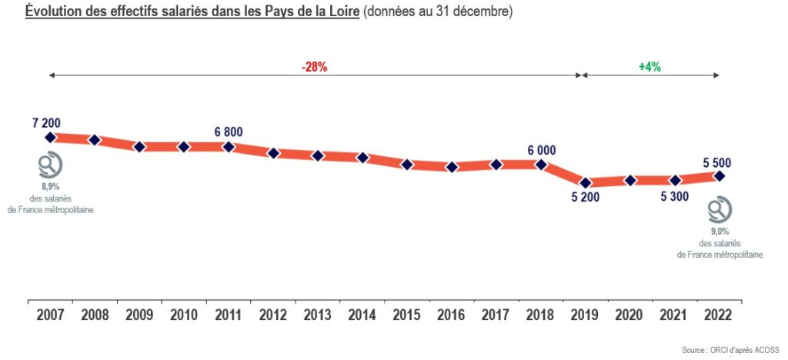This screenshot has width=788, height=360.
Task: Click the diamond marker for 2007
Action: point(50,137)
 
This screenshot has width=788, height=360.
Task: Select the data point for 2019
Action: point(586,182)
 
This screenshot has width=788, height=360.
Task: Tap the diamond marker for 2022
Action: point(720,176)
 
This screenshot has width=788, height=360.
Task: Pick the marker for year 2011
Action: point(229,146)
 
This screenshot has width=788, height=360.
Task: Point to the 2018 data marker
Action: point(541,164)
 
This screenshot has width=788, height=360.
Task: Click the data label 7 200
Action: point(46,122)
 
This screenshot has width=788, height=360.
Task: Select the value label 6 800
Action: point(229,132)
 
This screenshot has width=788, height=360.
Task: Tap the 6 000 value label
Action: point(541,150)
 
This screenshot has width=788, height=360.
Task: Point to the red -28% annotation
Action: point(314,67)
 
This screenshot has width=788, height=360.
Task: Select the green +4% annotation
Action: point(649,67)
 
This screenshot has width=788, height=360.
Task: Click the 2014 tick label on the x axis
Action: point(362,314)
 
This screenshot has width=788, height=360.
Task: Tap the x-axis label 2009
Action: point(139,314)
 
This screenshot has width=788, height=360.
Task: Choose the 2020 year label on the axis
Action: point(630,314)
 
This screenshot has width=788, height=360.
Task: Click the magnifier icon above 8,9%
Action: point(51,165)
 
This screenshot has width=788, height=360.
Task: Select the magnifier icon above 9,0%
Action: point(720,209)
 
